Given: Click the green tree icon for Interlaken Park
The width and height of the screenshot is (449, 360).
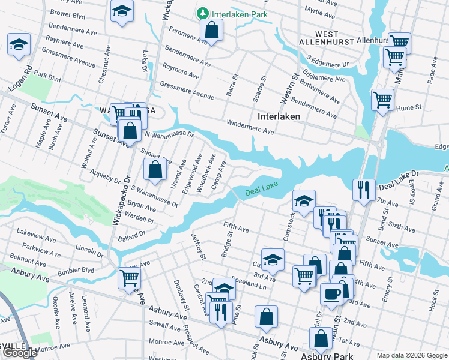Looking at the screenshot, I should (x=203, y=13).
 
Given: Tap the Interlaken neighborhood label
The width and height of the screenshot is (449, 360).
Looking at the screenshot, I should (x=279, y=116).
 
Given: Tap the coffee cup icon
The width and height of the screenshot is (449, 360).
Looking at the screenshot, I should (x=331, y=293).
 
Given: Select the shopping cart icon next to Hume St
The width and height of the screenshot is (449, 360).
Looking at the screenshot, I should (x=382, y=99).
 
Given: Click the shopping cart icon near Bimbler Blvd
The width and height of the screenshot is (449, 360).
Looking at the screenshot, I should (x=129, y=278).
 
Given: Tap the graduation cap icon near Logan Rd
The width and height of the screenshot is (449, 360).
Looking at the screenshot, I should (x=19, y=44).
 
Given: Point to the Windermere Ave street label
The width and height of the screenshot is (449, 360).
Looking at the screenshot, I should (x=250, y=127).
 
